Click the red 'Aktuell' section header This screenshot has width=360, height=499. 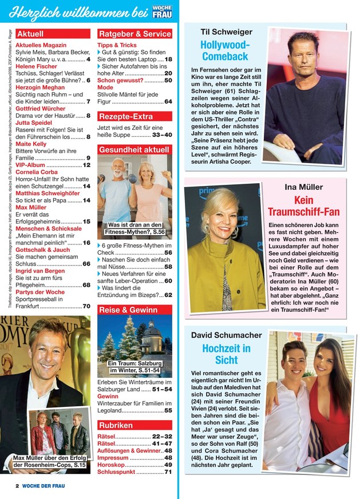coord(30,34)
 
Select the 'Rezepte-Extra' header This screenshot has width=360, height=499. coord(126,116)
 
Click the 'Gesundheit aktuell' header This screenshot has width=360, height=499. coord(134,150)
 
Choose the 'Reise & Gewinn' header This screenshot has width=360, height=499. coord(128,310)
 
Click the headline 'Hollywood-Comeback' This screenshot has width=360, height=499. coord(225,50)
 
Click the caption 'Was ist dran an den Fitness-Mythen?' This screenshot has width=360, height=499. coord(136,229)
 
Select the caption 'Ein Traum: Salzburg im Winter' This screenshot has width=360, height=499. coord(135,367)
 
